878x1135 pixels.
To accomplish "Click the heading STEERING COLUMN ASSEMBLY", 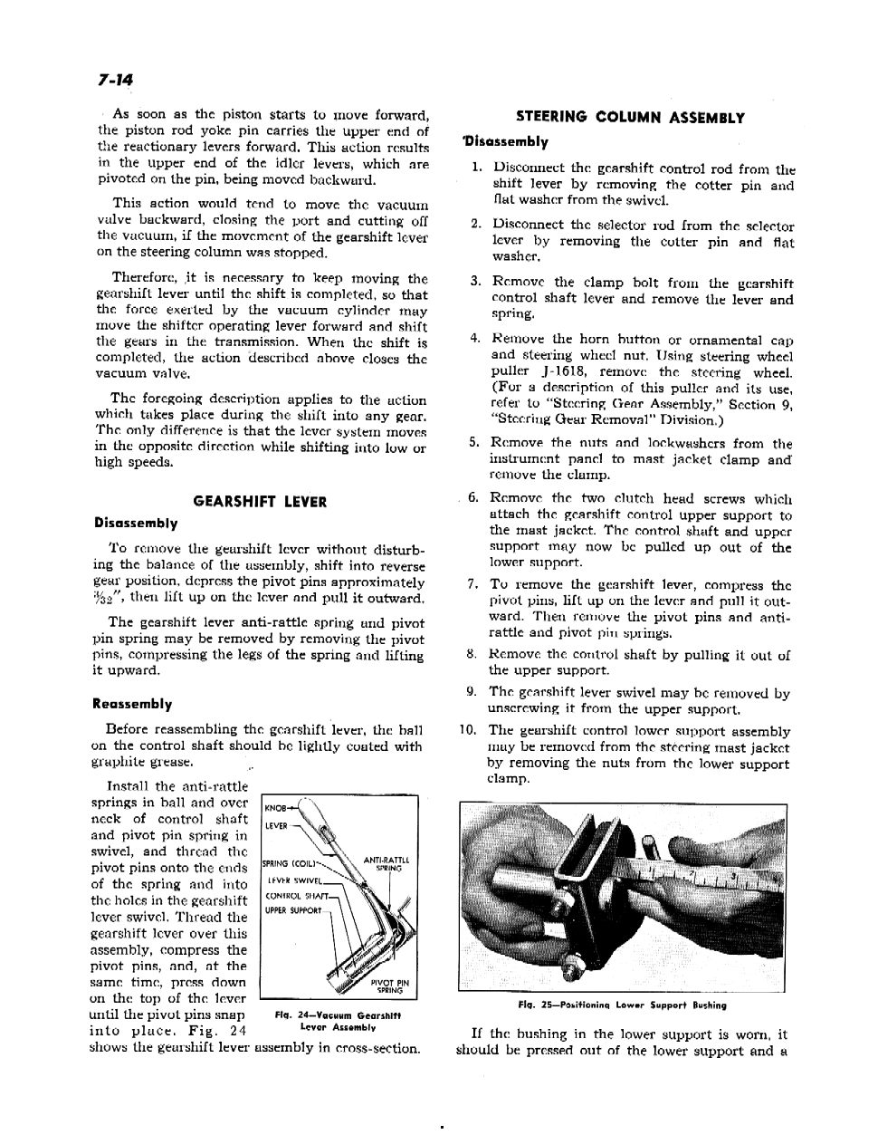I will (x=630, y=118).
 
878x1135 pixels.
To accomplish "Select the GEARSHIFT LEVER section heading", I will (x=261, y=502).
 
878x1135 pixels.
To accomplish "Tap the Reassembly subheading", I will (x=132, y=704).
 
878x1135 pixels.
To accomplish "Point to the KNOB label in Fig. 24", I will (x=275, y=808).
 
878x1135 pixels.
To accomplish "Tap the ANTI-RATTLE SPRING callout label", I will (x=387, y=864).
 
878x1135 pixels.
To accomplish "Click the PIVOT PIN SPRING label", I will (x=390, y=986).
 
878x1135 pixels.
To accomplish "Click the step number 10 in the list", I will (x=467, y=730).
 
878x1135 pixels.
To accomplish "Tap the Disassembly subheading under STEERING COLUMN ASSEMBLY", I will (x=503, y=142).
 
